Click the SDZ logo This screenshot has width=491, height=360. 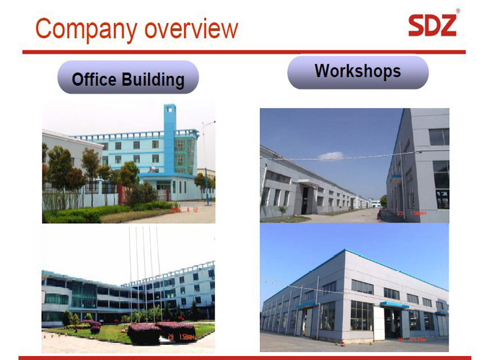[x=432, y=24]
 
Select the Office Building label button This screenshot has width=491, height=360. [x=128, y=79]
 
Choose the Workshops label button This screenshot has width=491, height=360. [x=357, y=71]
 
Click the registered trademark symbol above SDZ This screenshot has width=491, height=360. [x=458, y=11]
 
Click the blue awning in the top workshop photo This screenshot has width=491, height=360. [x=396, y=176]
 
